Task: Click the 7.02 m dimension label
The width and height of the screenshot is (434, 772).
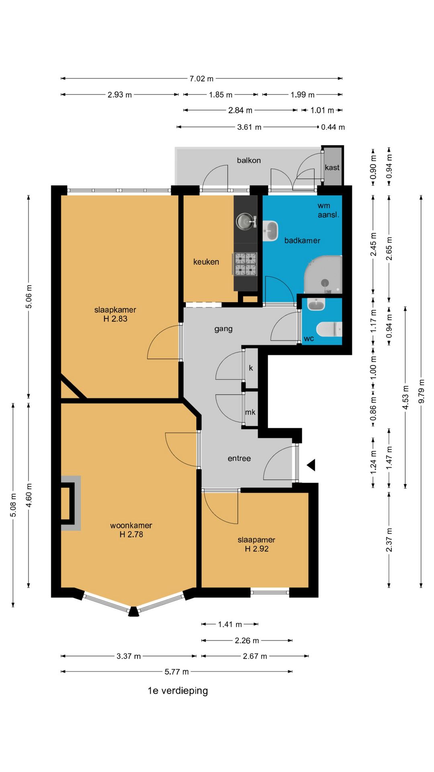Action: click(201, 79)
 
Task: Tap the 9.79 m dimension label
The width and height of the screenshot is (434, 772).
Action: click(421, 391)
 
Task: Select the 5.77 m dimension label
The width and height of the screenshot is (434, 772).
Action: click(176, 671)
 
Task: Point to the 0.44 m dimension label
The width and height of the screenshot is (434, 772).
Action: click(333, 127)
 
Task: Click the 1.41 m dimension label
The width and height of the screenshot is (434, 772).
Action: click(230, 624)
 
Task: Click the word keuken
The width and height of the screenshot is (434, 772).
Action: click(206, 262)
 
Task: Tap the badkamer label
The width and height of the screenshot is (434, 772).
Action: click(302, 240)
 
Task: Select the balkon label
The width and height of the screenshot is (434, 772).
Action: click(249, 160)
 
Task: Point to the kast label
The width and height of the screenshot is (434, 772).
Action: click(332, 167)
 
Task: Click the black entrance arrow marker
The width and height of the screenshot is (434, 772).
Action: click(311, 465)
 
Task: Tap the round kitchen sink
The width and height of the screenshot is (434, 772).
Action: click(245, 222)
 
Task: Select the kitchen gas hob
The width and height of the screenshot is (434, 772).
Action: click(245, 264)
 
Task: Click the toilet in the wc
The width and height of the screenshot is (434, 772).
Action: click(329, 329)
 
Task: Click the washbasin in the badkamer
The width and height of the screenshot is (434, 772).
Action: click(270, 231)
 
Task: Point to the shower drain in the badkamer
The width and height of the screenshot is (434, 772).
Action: click(325, 283)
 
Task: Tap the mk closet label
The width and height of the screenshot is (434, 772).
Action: click(250, 412)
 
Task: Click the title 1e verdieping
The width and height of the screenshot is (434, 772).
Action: click(178, 691)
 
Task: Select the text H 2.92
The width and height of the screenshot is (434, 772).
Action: click(257, 549)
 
